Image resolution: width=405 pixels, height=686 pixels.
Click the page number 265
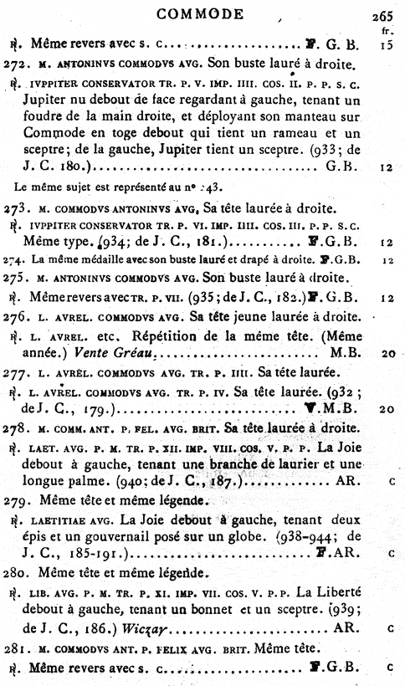pos(387,15)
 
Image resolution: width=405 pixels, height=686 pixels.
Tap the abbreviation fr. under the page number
pos(389,29)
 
